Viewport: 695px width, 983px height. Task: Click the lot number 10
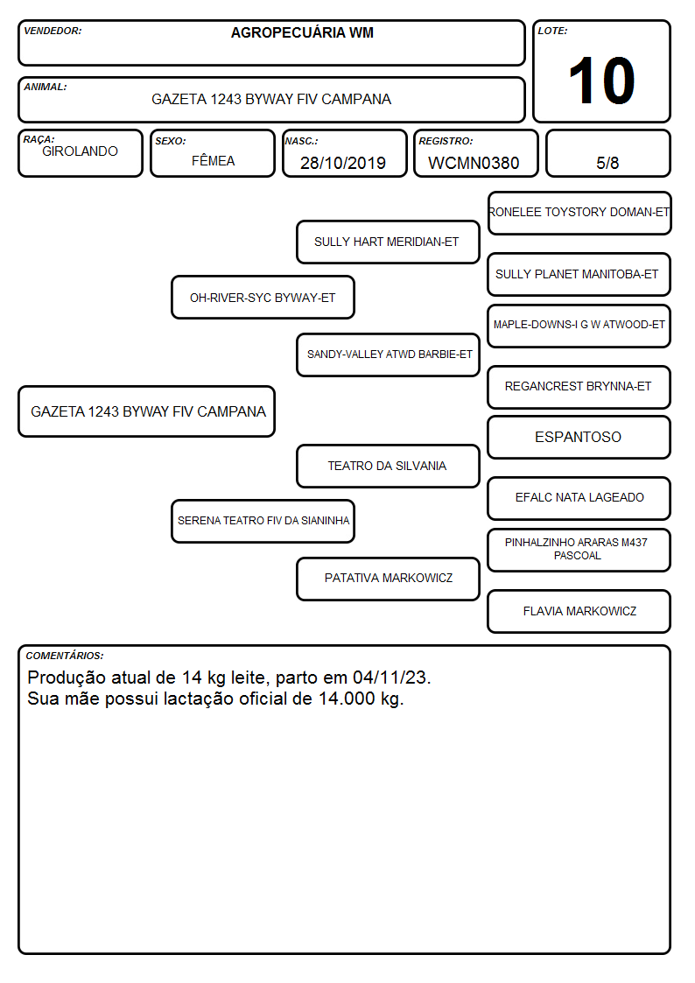point(601,81)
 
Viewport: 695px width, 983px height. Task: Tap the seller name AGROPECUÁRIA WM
point(302,32)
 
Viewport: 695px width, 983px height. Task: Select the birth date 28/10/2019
point(343,163)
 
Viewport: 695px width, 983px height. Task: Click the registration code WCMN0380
point(474,163)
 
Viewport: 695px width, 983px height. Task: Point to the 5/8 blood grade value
point(607,163)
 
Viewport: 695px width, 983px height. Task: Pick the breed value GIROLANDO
point(81,151)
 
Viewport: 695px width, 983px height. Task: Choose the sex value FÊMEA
point(213,160)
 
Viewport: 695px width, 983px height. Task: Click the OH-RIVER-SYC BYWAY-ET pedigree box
point(263,297)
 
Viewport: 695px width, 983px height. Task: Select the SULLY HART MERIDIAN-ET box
point(388,242)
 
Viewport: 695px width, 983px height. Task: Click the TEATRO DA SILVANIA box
point(388,466)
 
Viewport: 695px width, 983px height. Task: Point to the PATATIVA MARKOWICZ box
point(388,579)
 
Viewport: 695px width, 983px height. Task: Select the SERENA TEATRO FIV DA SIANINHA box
point(263,521)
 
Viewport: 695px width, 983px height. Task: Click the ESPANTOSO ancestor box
point(579,437)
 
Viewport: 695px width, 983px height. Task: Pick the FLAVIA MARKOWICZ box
point(579,611)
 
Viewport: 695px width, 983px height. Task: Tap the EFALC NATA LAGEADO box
point(579,498)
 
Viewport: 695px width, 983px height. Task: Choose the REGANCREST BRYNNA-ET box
point(579,387)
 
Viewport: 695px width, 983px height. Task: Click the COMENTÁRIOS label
point(65,656)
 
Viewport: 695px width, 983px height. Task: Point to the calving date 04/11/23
point(390,678)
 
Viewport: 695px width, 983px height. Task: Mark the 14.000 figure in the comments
point(347,699)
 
